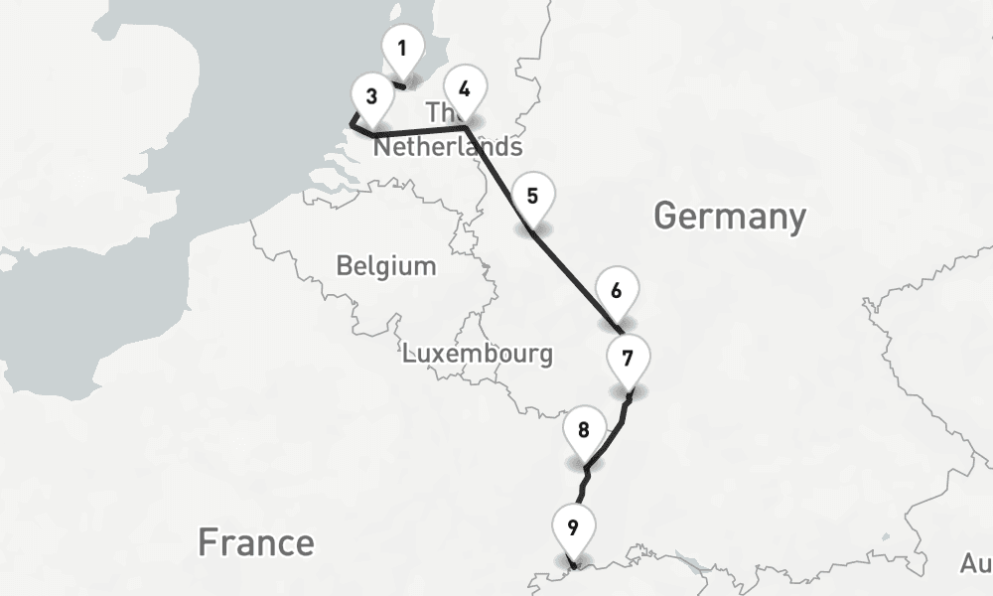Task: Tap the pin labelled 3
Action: pyautogui.click(x=371, y=97)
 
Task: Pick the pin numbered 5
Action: pyautogui.click(x=533, y=196)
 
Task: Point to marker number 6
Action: pyautogui.click(x=617, y=292)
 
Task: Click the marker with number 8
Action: pyautogui.click(x=584, y=431)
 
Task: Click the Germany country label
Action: pyautogui.click(x=730, y=215)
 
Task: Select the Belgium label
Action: pyautogui.click(x=385, y=266)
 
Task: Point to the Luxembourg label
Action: pyautogui.click(x=478, y=354)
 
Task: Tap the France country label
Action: pyautogui.click(x=255, y=542)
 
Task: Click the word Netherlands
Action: pyautogui.click(x=447, y=147)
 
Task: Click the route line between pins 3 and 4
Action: pyautogui.click(x=417, y=130)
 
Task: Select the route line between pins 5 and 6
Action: pyautogui.click(x=576, y=279)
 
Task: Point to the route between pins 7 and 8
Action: pyautogui.click(x=610, y=438)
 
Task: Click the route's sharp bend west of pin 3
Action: pyautogui.click(x=351, y=125)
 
